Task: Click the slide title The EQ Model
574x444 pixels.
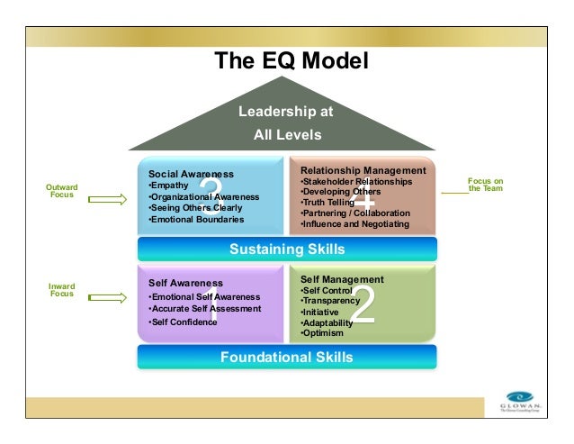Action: coord(285,61)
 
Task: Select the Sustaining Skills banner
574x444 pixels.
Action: coord(286,249)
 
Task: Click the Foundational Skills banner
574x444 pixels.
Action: coord(286,358)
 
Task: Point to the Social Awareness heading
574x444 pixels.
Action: coord(190,174)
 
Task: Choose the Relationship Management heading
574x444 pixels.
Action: coord(363,170)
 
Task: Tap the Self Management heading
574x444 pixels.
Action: coord(342,279)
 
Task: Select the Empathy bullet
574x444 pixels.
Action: coord(168,186)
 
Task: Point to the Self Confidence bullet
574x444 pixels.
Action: coord(183,322)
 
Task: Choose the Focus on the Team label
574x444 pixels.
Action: coord(486,185)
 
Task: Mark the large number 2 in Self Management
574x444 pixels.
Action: coord(362,306)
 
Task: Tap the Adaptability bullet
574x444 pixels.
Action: coord(327,322)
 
